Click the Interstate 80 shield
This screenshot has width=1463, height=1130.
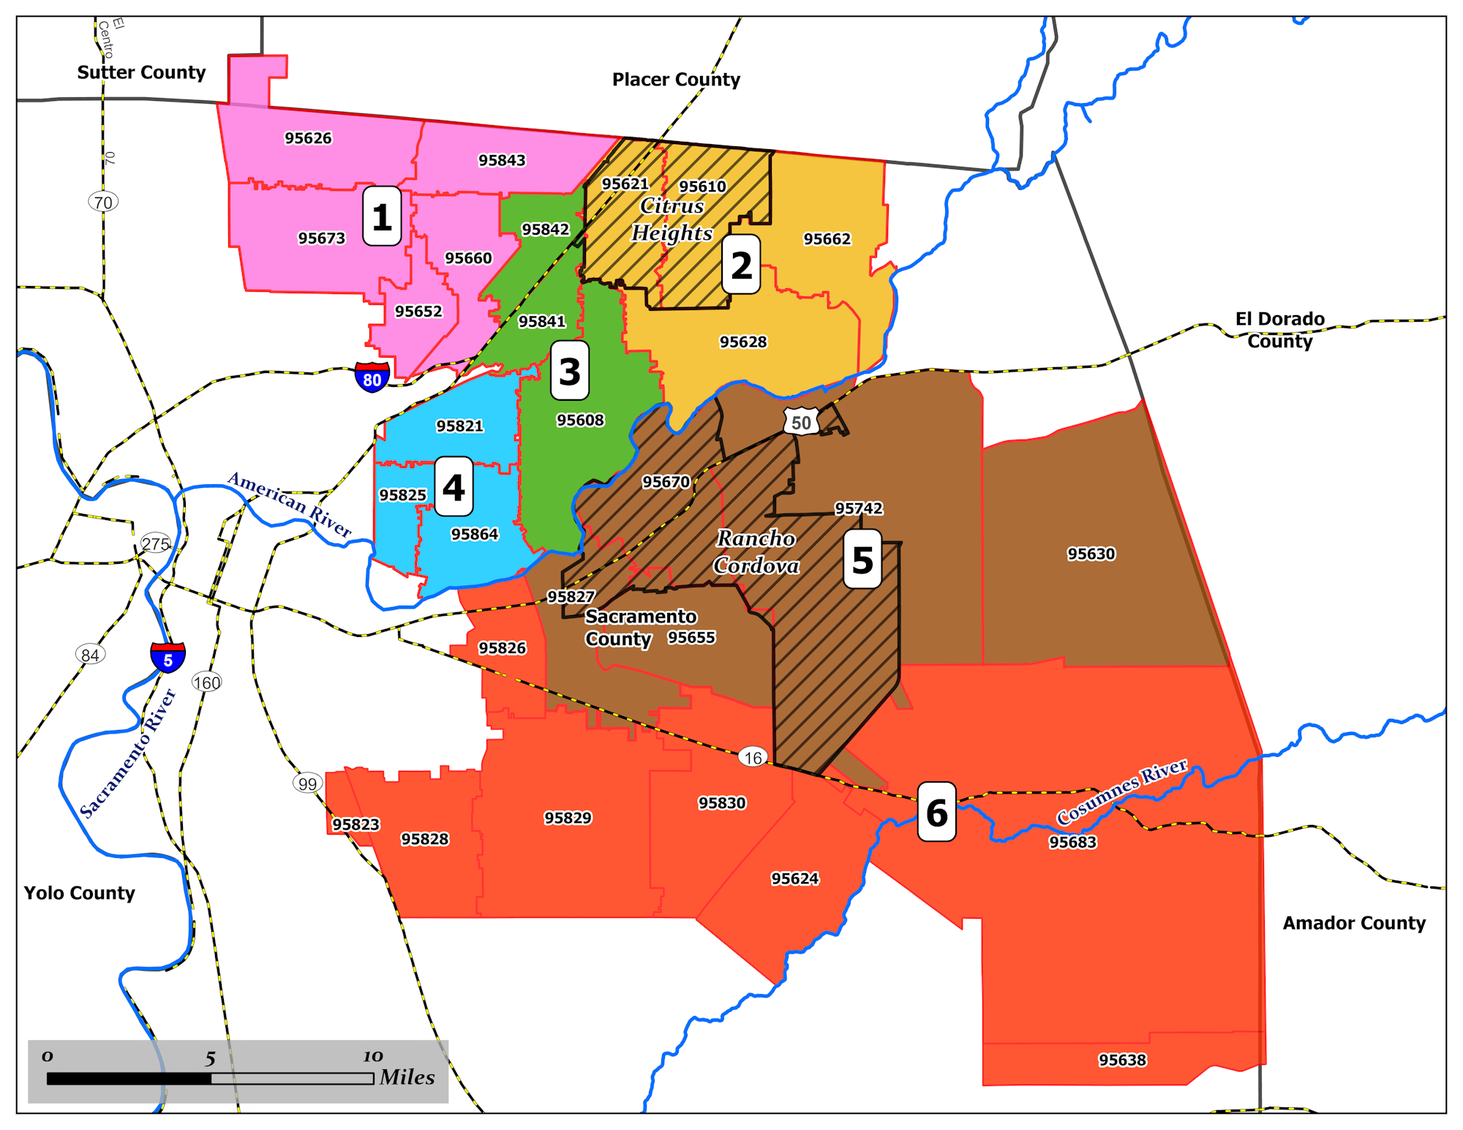pyautogui.click(x=372, y=377)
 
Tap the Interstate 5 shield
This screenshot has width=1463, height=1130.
pyautogui.click(x=168, y=658)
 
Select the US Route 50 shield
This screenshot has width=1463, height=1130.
pyautogui.click(x=801, y=422)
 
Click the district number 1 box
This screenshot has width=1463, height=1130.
pyautogui.click(x=382, y=216)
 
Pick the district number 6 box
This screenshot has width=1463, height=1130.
pyautogui.click(x=936, y=812)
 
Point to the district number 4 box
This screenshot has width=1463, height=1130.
pyautogui.click(x=454, y=486)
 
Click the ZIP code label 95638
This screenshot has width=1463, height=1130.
pyautogui.click(x=1122, y=1060)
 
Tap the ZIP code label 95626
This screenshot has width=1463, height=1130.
pyautogui.click(x=308, y=138)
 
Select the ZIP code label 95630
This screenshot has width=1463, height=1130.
pyautogui.click(x=1091, y=554)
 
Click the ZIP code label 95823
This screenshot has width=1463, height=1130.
pyautogui.click(x=356, y=824)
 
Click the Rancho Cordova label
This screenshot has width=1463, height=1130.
pyautogui.click(x=756, y=552)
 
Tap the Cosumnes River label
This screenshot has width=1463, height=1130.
pyautogui.click(x=1121, y=791)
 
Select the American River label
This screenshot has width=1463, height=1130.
pyautogui.click(x=290, y=504)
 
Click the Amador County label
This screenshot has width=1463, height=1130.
pyautogui.click(x=1353, y=923)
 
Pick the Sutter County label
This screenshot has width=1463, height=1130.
pyautogui.click(x=141, y=72)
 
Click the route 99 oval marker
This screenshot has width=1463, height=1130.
pyautogui.click(x=307, y=783)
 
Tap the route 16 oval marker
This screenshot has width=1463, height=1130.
pyautogui.click(x=753, y=757)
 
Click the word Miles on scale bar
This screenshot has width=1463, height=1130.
pyautogui.click(x=407, y=1077)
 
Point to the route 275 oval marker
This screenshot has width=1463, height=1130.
pyautogui.click(x=156, y=543)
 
